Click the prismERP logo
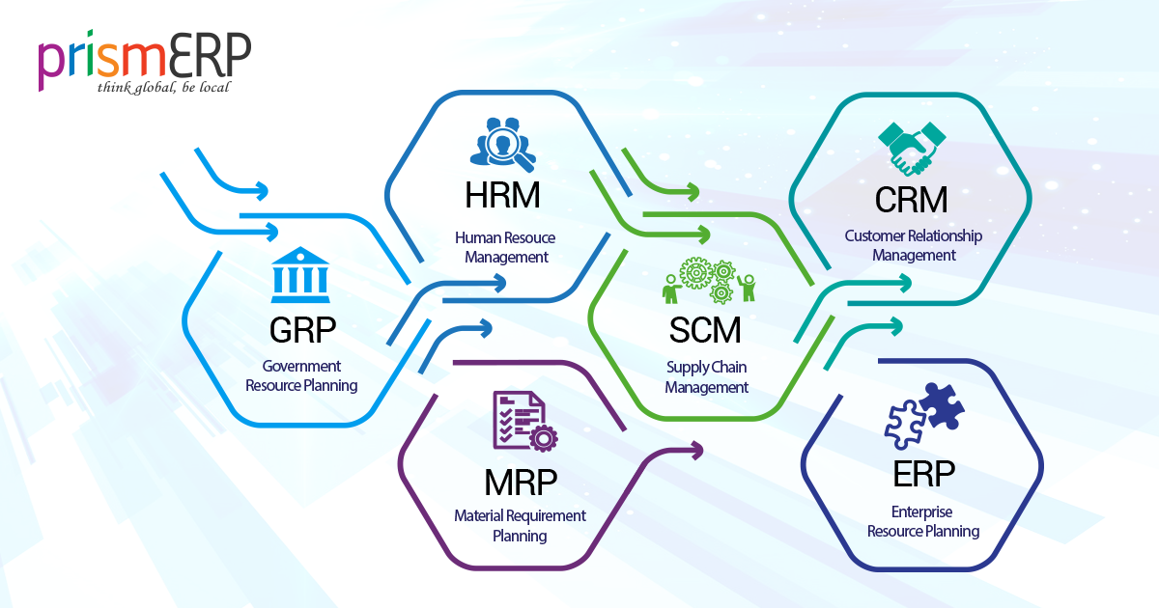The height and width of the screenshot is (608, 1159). [145, 60]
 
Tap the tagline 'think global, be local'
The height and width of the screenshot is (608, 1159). [163, 88]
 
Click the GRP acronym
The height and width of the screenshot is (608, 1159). [302, 331]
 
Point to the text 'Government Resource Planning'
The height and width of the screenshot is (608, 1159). [301, 376]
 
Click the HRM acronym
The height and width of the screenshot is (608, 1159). [502, 196]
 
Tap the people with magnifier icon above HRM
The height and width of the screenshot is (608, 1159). [500, 143]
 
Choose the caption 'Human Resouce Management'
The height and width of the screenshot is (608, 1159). [505, 247]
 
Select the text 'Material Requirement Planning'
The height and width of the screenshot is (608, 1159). [520, 526]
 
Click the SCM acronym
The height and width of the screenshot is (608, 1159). [706, 331]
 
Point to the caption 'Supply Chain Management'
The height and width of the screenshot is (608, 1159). [706, 377]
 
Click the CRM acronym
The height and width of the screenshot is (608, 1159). [911, 200]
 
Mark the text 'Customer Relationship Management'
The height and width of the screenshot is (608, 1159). [913, 245]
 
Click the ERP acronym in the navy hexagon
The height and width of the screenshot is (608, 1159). [924, 474]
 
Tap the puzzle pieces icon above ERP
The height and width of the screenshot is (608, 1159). [923, 416]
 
